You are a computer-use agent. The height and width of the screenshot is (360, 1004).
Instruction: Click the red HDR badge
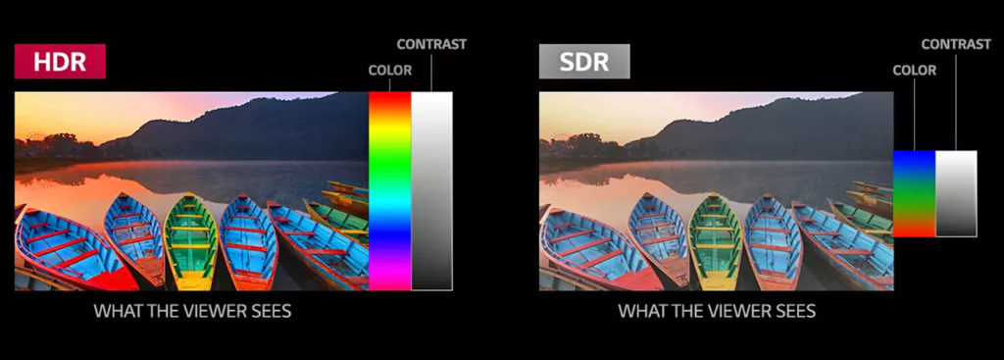[x=60, y=62]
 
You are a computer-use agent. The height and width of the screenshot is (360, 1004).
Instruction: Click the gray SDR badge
[x=583, y=62]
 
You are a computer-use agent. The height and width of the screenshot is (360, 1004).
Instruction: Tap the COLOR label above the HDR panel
[x=390, y=71]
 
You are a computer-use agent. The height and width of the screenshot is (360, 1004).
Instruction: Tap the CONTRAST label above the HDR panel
[x=431, y=44]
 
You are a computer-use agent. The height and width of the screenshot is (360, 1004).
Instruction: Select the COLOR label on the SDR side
[x=915, y=71]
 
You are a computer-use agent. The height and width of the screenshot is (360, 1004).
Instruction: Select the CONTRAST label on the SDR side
[x=956, y=44]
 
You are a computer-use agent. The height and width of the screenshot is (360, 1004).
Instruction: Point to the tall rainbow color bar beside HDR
[x=389, y=191]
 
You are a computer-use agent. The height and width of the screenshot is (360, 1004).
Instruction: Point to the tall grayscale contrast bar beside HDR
[x=431, y=191]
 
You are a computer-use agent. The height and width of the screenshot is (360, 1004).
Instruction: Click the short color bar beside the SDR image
[x=914, y=193]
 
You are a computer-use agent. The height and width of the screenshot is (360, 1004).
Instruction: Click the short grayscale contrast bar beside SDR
[x=956, y=193]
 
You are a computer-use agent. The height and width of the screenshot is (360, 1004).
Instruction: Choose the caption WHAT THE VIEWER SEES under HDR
[x=192, y=312]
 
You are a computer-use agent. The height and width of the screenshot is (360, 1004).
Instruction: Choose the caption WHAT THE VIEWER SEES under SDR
[x=717, y=312]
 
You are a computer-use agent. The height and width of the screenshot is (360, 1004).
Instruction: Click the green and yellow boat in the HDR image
[x=192, y=240]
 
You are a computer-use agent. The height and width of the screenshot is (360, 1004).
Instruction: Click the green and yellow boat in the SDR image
[x=717, y=240]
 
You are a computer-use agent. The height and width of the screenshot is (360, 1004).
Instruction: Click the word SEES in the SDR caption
[x=793, y=312]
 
